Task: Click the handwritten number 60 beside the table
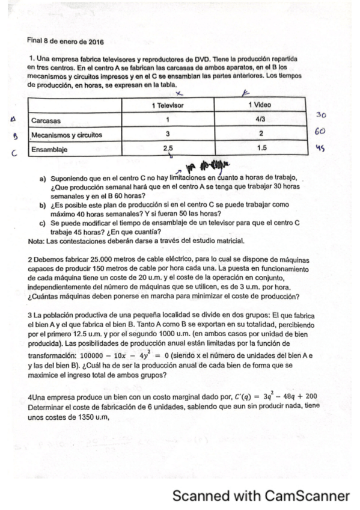[321, 131]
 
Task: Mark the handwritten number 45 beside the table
[319, 147]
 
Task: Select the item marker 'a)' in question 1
[43, 179]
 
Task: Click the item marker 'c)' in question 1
[43, 223]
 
